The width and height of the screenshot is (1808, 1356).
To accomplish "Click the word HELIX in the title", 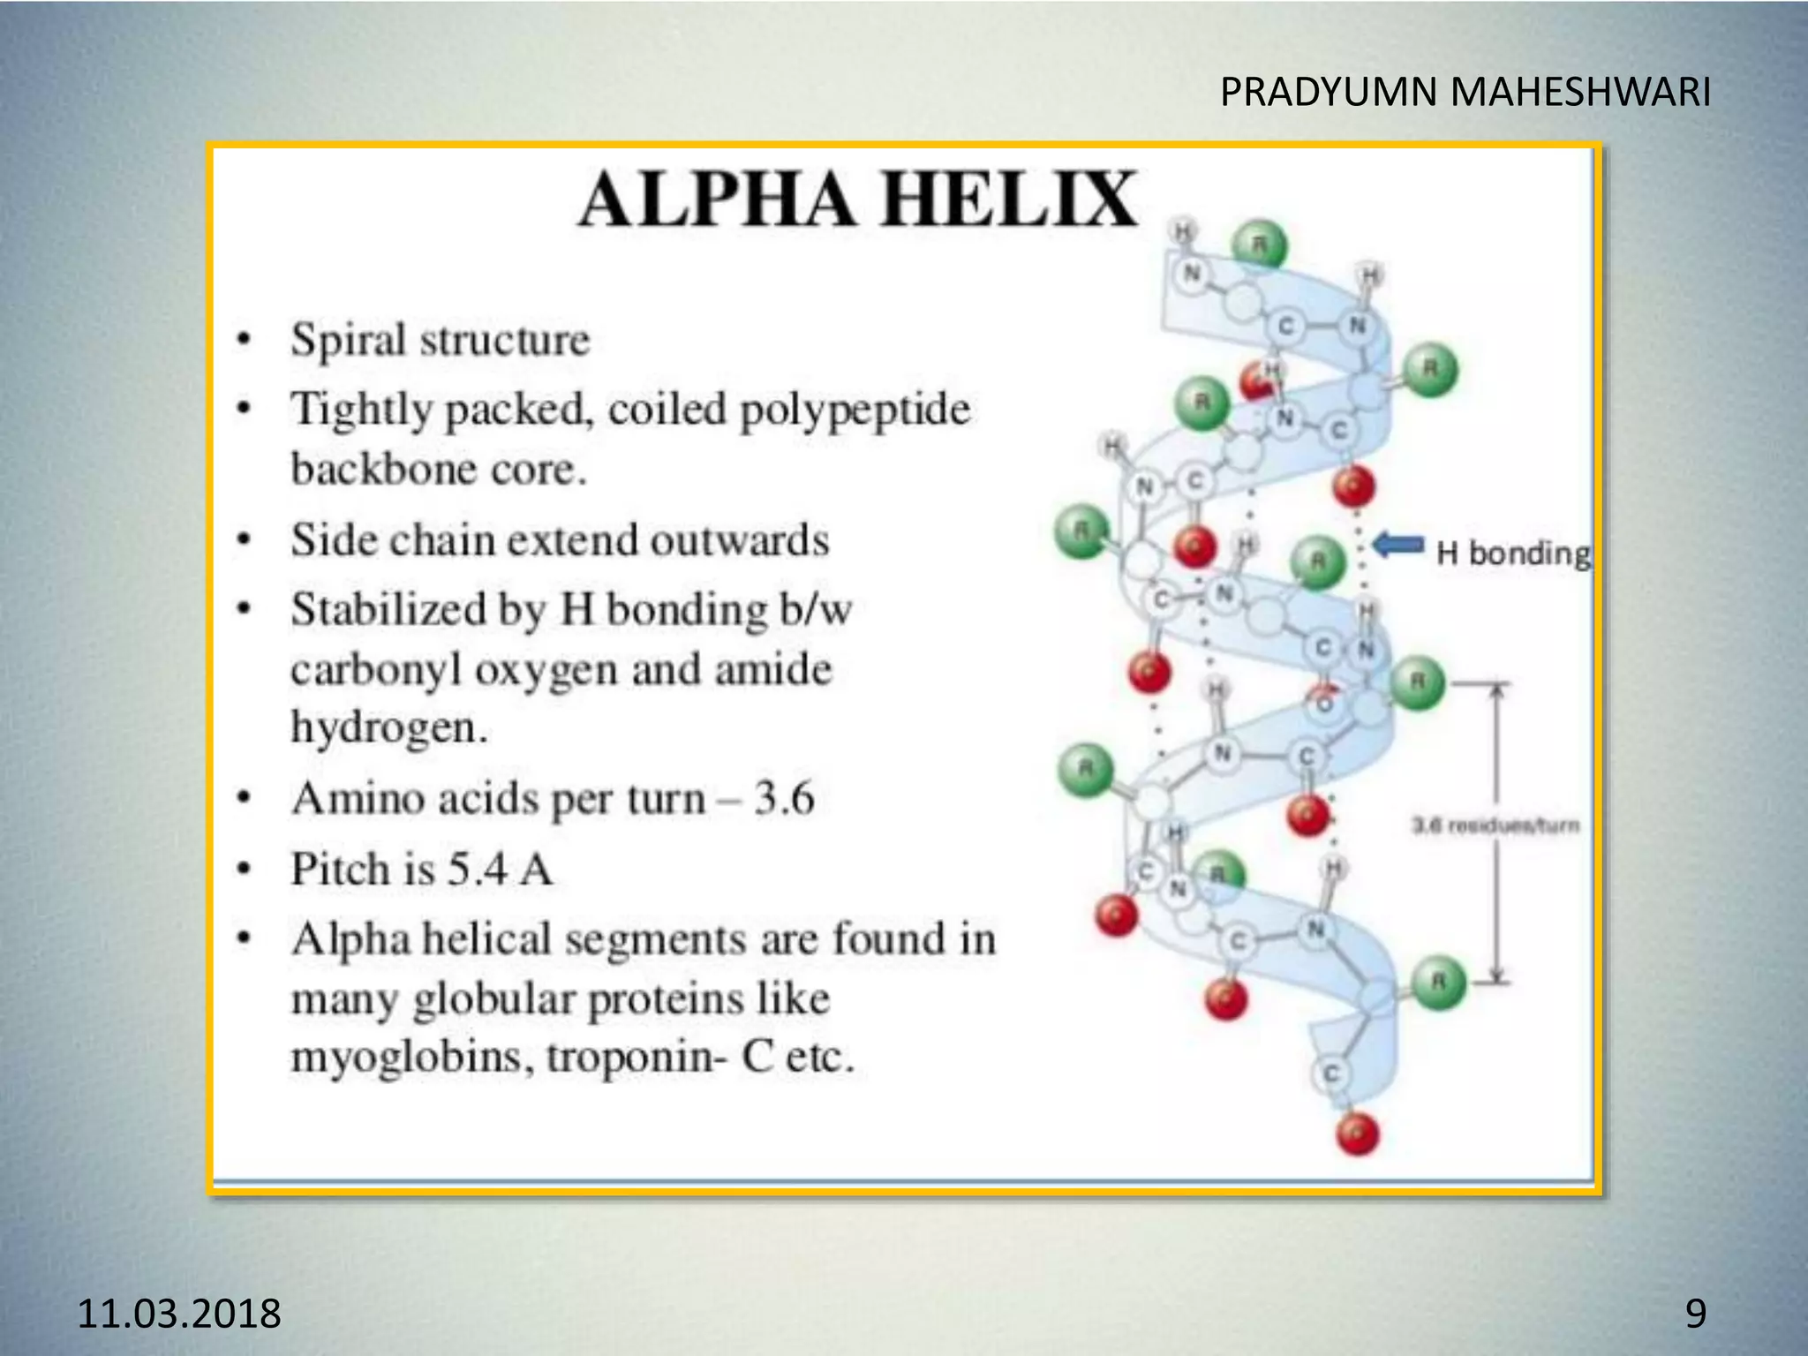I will [1010, 200].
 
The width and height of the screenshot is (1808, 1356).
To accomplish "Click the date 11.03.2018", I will [179, 1313].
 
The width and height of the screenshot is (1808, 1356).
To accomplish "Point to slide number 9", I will [1695, 1313].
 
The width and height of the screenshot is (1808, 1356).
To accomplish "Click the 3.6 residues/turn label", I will [1495, 825].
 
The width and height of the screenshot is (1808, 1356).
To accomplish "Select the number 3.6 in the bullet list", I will [784, 799].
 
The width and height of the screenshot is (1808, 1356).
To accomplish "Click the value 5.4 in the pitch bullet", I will [477, 869].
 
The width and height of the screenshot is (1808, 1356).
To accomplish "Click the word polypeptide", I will [855, 410].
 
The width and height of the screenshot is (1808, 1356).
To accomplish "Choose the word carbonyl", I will [377, 669].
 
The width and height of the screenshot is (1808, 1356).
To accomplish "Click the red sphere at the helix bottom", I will [1357, 1134].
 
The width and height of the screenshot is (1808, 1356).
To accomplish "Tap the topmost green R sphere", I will [1260, 245].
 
